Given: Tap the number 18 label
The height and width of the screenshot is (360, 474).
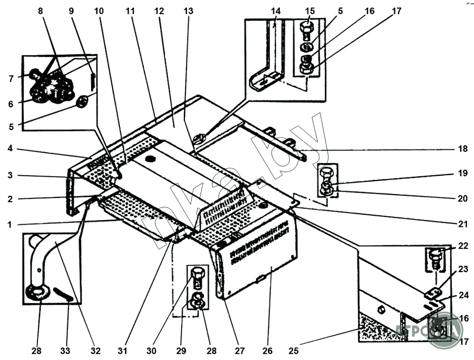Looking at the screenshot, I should (462, 149).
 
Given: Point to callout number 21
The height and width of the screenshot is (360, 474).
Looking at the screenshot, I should (462, 224).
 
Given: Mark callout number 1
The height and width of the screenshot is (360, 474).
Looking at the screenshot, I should (9, 224).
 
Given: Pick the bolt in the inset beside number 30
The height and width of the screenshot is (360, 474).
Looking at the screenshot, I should (197, 276).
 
